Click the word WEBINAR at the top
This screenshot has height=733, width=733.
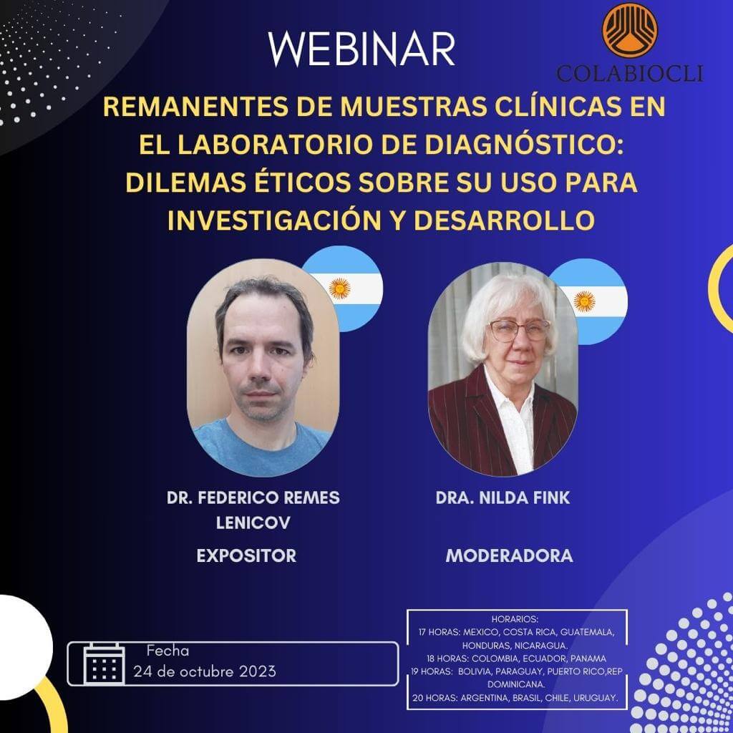(362, 49)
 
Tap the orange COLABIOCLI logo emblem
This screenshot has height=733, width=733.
(629, 31)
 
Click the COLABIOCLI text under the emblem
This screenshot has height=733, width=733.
(629, 73)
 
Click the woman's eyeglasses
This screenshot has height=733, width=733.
(520, 329)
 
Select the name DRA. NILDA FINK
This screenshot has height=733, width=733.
(503, 498)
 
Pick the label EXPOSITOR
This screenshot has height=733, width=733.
(246, 555)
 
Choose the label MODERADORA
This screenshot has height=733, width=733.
(509, 555)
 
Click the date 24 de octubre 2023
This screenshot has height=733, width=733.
(205, 671)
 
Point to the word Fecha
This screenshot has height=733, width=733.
(168, 651)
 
